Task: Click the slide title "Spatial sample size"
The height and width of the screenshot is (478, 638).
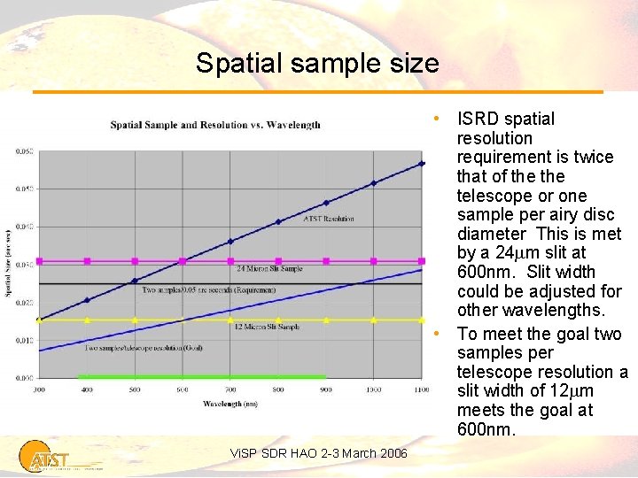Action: point(317,64)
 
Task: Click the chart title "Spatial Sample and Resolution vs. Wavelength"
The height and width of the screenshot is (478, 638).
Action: point(215,125)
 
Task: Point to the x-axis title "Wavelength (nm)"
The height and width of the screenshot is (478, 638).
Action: point(230,404)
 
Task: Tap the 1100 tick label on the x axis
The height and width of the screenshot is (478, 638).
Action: point(421,389)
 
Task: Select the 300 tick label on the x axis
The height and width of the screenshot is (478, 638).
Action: point(39,389)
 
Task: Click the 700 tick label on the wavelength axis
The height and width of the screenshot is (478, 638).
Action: point(230,389)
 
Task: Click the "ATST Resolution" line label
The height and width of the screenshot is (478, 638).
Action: point(329,218)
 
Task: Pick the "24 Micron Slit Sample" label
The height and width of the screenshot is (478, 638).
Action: point(269,267)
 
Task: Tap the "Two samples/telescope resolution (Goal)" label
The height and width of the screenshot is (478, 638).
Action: point(143,348)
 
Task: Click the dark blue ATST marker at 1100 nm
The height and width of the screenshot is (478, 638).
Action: point(422,164)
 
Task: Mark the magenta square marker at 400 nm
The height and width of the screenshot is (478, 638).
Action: point(87,261)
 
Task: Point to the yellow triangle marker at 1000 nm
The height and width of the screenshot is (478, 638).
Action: point(374,320)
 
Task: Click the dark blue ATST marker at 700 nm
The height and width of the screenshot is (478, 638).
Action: point(230,241)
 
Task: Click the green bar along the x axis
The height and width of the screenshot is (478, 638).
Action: point(201,377)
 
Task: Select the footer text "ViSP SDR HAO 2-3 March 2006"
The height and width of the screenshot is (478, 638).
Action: point(319,454)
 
